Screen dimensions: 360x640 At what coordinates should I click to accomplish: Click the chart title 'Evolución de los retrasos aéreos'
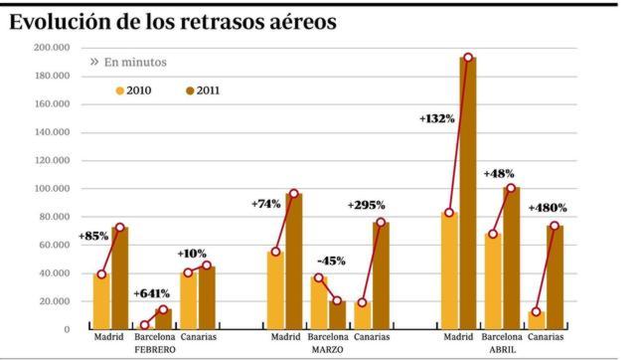click(172, 21)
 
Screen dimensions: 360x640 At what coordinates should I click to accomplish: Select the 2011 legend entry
click(202, 90)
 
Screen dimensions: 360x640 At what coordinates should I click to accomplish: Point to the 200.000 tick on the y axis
click(50, 48)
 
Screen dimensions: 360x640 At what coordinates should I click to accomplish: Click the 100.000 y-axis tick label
click(50, 188)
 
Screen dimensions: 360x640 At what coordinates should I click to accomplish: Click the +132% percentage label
click(437, 118)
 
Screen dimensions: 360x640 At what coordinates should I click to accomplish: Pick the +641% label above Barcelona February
click(151, 293)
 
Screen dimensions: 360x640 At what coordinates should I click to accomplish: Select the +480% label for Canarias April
click(548, 208)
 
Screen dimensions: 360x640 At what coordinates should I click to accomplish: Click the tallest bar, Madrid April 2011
click(467, 194)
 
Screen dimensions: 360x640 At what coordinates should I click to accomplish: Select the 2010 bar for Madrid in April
click(449, 270)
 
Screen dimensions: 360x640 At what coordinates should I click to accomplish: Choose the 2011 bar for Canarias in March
click(381, 274)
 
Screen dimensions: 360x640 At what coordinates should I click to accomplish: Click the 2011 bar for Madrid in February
click(119, 277)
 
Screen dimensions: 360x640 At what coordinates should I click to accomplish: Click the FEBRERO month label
click(154, 350)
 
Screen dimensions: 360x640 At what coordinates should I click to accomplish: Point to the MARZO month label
click(327, 350)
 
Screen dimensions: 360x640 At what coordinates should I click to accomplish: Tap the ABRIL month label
click(502, 350)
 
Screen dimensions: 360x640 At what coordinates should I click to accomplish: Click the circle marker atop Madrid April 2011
click(467, 58)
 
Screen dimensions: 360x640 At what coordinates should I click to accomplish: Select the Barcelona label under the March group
click(327, 337)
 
